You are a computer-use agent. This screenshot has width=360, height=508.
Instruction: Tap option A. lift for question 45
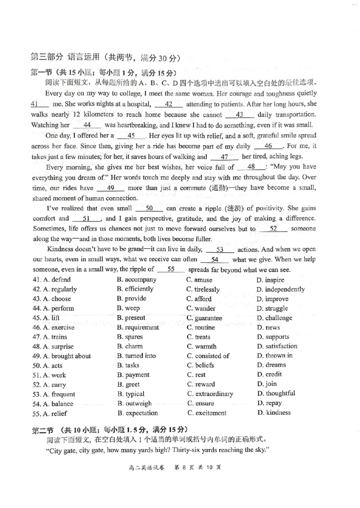click(x=46, y=318)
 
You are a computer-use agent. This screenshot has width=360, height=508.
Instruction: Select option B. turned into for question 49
click(x=136, y=356)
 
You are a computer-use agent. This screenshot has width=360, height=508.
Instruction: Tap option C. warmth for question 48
click(x=201, y=346)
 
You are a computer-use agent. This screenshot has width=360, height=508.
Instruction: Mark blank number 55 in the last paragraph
click(x=171, y=269)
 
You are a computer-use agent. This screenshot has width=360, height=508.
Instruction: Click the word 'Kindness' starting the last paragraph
click(x=60, y=249)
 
